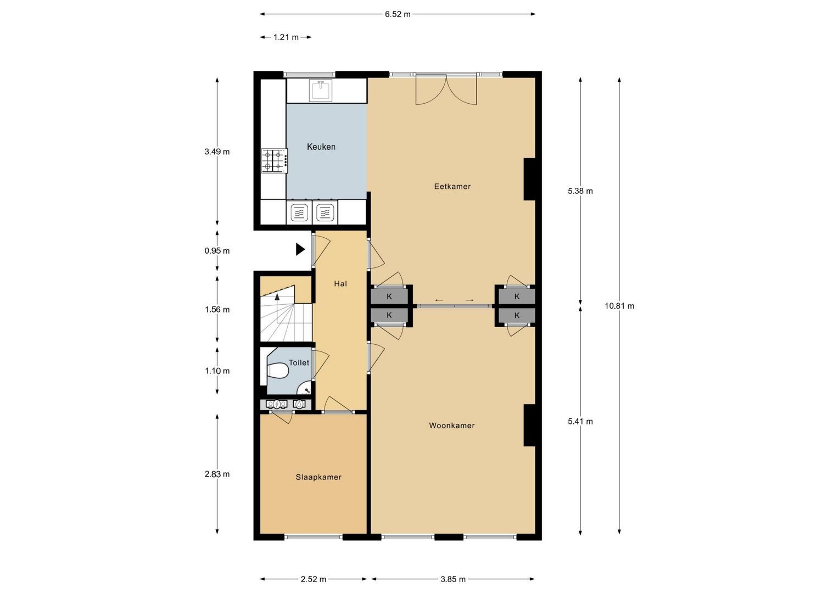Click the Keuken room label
click(321, 147)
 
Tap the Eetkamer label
click(452, 186)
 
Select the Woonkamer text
click(451, 426)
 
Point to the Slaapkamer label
click(318, 477)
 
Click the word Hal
click(340, 284)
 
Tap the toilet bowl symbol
click(278, 372)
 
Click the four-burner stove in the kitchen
click(273, 161)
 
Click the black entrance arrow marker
click(300, 249)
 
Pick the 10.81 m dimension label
click(619, 306)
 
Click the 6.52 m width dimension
click(398, 14)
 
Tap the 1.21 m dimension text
click(286, 37)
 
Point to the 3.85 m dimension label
click(453, 579)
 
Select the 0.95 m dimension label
click(217, 251)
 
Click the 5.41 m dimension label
click(580, 422)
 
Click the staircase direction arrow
click(277, 297)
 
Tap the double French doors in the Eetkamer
click(446, 89)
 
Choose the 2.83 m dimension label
click(217, 474)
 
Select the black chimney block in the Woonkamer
click(529, 425)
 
